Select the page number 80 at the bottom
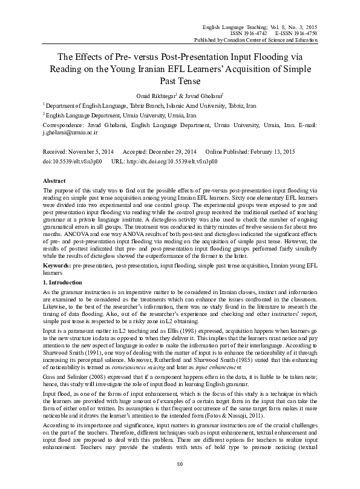pos(180,481)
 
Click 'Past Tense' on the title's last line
pos(180,80)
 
